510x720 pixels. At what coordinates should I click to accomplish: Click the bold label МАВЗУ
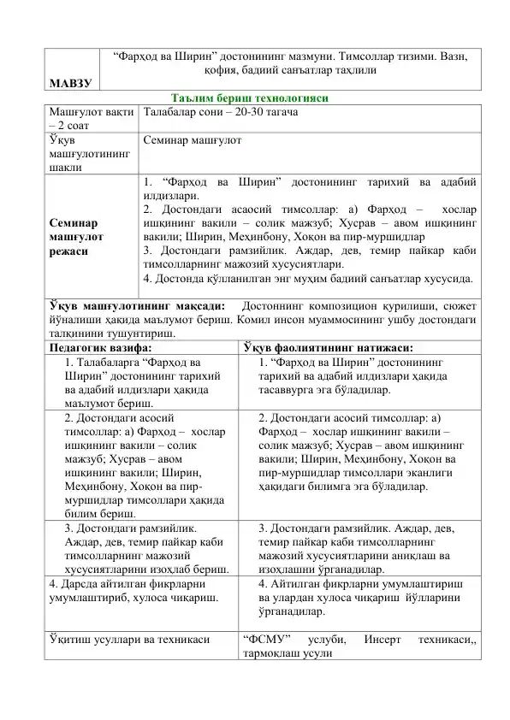(70, 82)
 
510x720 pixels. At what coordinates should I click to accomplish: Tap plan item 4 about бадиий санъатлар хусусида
(311, 277)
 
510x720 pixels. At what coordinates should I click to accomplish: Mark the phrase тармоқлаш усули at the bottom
(282, 653)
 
